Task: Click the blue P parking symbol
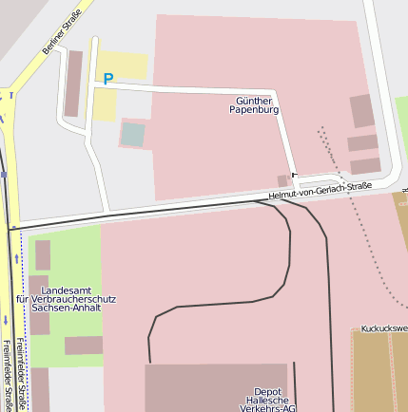(x=107, y=80)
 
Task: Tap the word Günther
(x=254, y=100)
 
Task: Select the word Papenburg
(x=254, y=110)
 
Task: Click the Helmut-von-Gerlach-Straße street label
(x=320, y=191)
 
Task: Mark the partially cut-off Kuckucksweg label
(x=384, y=328)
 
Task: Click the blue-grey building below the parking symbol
(x=133, y=135)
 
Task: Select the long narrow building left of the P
(x=73, y=83)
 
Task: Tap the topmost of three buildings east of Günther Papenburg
(x=361, y=111)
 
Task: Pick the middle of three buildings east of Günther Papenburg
(x=362, y=143)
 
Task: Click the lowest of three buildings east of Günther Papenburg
(x=365, y=166)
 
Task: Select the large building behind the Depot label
(x=216, y=384)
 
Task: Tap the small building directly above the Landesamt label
(x=43, y=254)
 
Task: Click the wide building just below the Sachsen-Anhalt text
(x=84, y=346)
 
